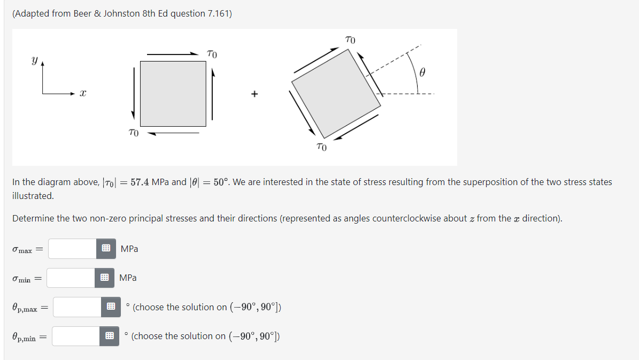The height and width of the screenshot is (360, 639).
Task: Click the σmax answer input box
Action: [73, 249]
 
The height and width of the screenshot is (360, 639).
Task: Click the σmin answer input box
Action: [72, 278]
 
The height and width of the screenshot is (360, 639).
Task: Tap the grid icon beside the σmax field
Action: [106, 249]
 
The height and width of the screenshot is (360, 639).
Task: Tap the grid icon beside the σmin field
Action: [105, 278]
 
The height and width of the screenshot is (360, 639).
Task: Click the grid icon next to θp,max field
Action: [110, 307]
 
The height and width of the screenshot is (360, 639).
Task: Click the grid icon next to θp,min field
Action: [109, 336]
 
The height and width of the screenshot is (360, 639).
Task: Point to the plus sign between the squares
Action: [255, 94]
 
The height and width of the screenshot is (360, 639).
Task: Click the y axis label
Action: [35, 62]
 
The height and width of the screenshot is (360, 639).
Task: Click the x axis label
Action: [83, 94]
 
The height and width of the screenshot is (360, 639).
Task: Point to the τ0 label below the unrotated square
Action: [134, 132]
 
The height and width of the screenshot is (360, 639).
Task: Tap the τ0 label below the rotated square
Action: [321, 147]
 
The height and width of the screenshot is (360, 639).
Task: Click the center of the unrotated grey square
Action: [173, 94]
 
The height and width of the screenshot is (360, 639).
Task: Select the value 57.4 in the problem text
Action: [141, 182]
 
